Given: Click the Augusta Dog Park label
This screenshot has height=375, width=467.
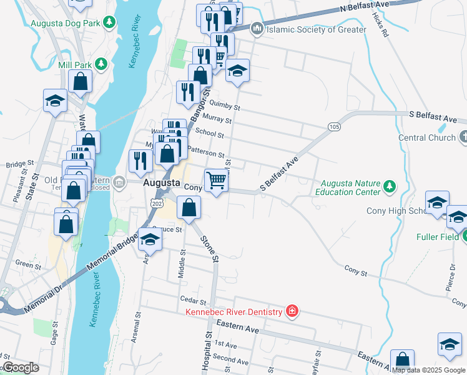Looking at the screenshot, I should click(x=66, y=23).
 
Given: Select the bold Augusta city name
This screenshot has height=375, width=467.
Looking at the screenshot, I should click(x=163, y=183).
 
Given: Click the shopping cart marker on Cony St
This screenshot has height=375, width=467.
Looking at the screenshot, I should click(x=216, y=180).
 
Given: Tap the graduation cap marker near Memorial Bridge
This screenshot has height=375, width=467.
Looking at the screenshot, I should click(x=149, y=239).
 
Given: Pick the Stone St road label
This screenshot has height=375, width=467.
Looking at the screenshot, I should click(x=209, y=246).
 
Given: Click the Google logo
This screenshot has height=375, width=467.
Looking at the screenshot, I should click(x=21, y=367).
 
